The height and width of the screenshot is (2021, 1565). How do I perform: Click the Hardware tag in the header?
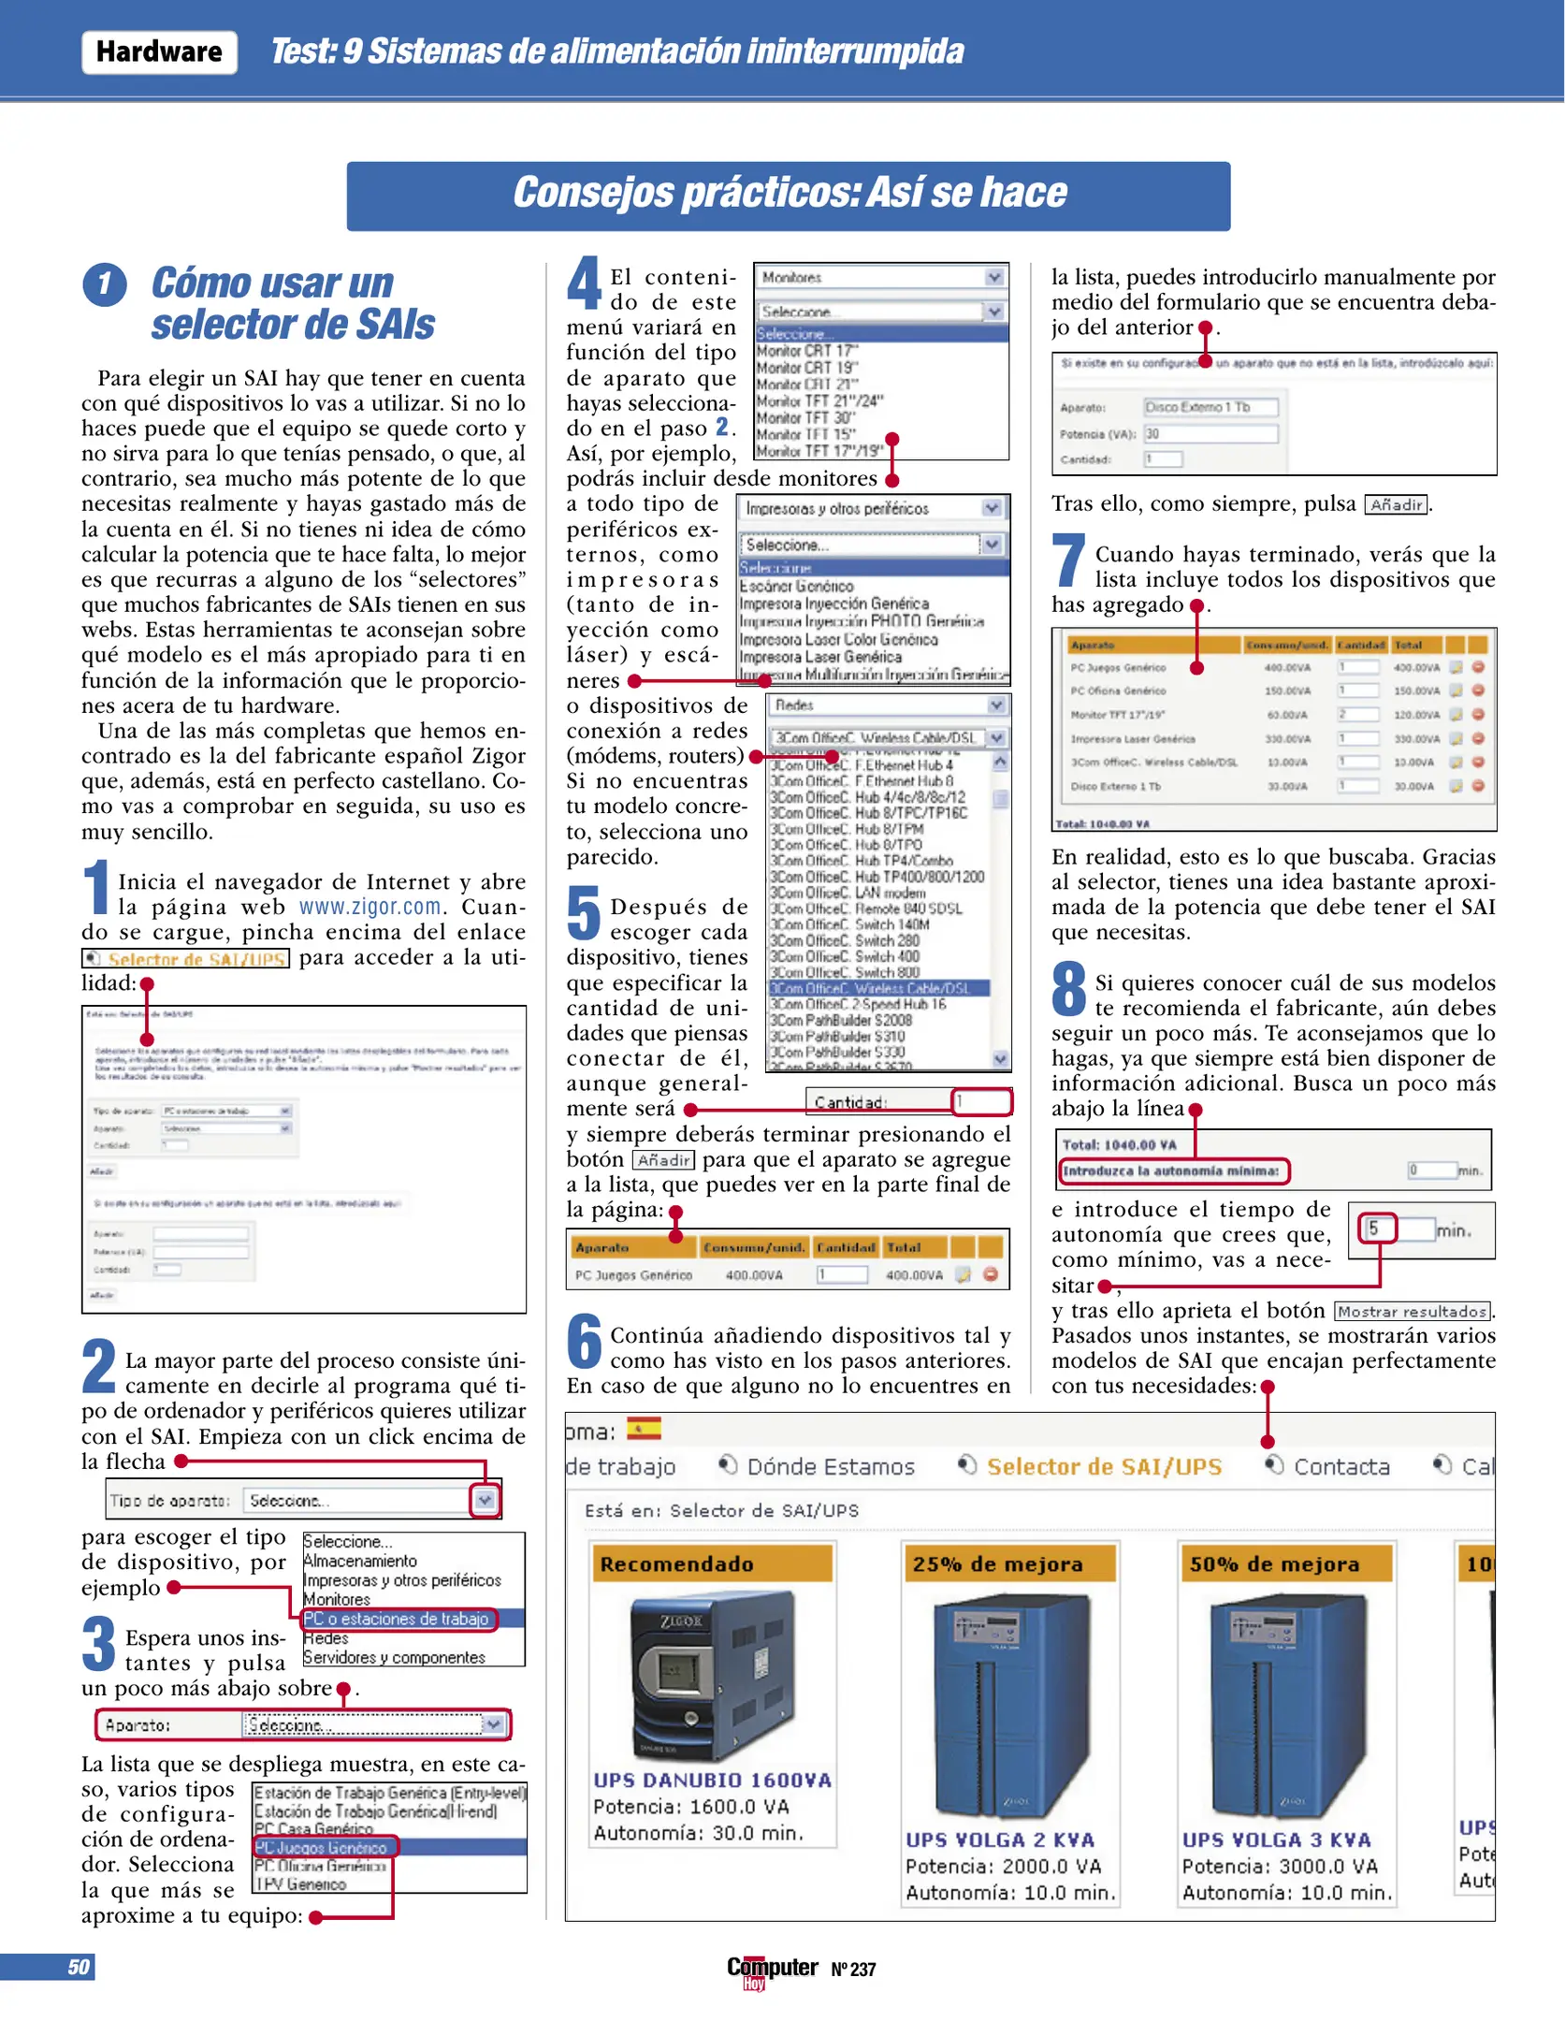[159, 51]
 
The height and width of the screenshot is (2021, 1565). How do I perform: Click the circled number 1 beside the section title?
[105, 284]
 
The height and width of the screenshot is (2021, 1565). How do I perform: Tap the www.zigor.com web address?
[370, 907]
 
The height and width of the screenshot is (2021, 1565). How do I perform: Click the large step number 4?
[584, 283]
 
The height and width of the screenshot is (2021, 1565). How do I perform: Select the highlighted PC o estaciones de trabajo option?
[397, 1619]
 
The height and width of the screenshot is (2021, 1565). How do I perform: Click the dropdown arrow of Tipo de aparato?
[484, 1500]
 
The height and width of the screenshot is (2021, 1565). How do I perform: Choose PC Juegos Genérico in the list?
[322, 1848]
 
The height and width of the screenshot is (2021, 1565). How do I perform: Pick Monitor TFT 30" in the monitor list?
[804, 418]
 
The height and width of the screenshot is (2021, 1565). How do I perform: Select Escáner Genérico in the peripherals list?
[796, 586]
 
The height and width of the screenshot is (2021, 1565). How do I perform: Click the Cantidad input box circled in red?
[980, 1101]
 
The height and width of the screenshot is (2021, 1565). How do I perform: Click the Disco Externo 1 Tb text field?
[1210, 407]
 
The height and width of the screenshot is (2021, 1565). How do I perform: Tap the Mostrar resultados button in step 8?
[1412, 1312]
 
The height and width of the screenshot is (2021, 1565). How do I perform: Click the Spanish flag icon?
[644, 1428]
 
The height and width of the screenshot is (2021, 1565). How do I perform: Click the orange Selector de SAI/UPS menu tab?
[1104, 1466]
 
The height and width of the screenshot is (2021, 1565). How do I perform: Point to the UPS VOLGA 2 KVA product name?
[999, 1839]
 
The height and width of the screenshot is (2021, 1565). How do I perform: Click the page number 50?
[79, 1967]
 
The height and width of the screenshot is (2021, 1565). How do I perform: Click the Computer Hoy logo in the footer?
[772, 1969]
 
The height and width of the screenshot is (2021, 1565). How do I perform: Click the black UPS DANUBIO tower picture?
[690, 1679]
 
